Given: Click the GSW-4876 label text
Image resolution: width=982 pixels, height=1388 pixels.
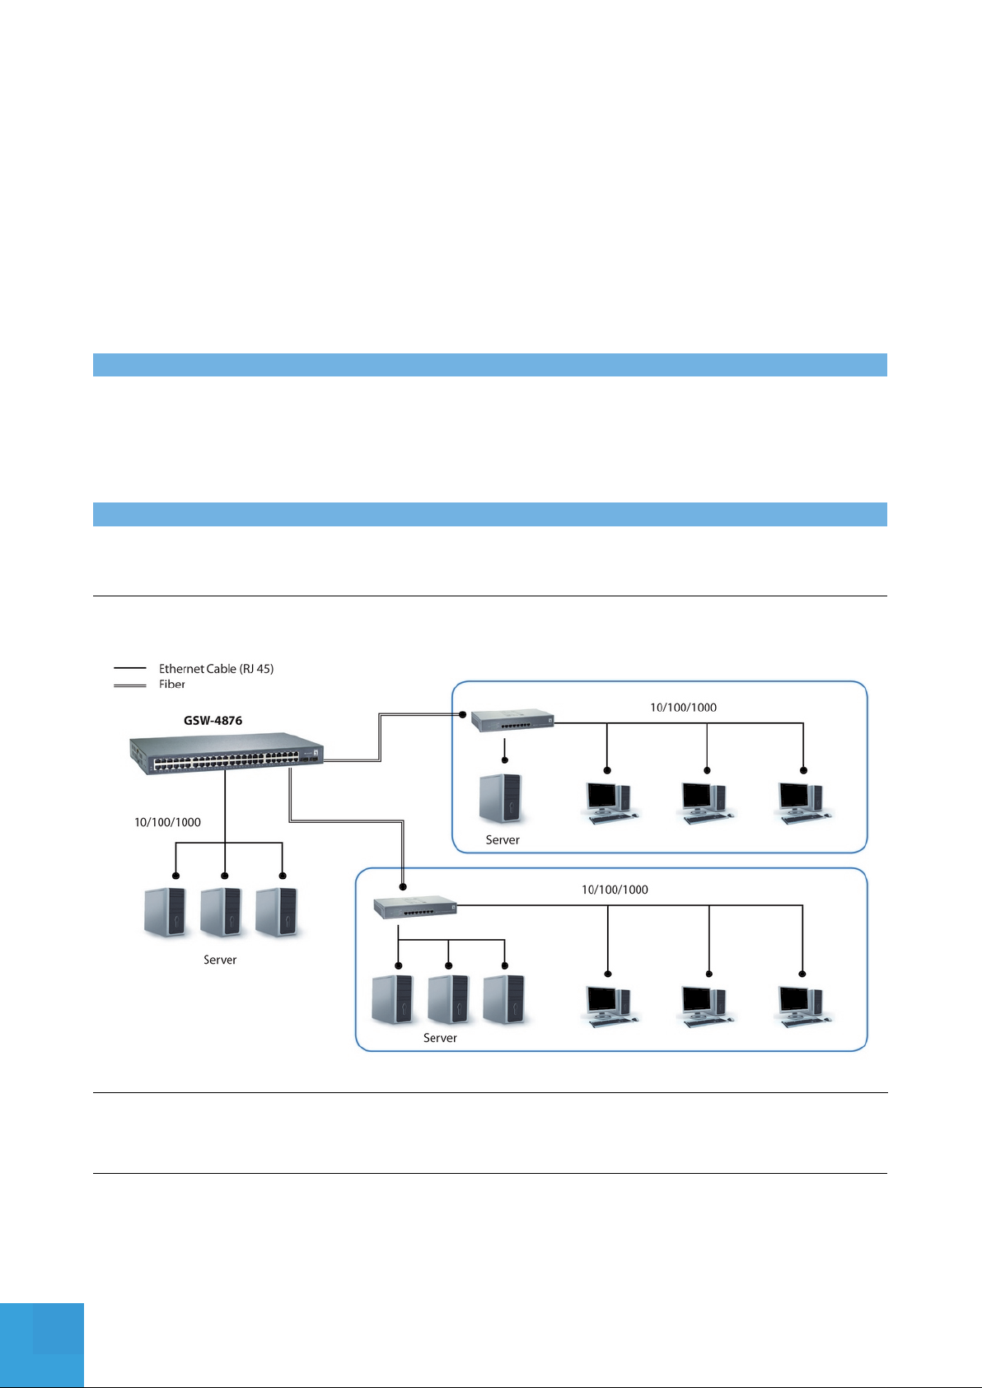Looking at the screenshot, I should coord(213,721).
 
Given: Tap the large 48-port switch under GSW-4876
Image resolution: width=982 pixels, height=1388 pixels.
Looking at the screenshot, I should coord(227,754).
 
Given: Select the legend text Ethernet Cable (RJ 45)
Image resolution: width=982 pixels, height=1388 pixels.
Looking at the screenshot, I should coord(216,669).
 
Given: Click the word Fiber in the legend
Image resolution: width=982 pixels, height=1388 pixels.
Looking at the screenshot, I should coord(172,685).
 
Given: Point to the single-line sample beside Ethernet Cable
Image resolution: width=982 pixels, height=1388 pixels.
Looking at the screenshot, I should coord(129,669).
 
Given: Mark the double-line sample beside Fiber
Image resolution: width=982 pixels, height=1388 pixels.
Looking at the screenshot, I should coord(129,685).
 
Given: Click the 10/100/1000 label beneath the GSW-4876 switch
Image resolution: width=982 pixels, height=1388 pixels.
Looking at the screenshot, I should coord(167,822).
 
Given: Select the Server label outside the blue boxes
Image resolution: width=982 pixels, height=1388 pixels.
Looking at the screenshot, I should coord(220,960).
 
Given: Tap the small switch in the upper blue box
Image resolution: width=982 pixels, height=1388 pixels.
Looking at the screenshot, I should coord(512,721).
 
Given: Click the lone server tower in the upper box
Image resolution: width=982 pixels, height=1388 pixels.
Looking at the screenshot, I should coord(502,797).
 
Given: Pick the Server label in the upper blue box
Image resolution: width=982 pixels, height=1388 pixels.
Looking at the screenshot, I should coord(503,840).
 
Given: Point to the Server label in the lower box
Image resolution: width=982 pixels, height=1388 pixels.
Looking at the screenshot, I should coord(440,1038).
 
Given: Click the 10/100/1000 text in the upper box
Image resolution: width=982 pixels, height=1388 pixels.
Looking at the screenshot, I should coord(683,708).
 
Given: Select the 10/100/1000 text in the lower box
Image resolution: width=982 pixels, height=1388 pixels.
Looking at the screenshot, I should coord(615,890).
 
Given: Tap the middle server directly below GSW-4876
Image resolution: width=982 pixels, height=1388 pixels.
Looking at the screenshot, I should coord(222,911).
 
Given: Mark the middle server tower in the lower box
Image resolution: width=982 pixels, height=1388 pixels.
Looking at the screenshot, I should coord(449,999).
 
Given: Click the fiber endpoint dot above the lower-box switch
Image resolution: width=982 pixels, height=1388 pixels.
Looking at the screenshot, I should coord(403,887).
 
